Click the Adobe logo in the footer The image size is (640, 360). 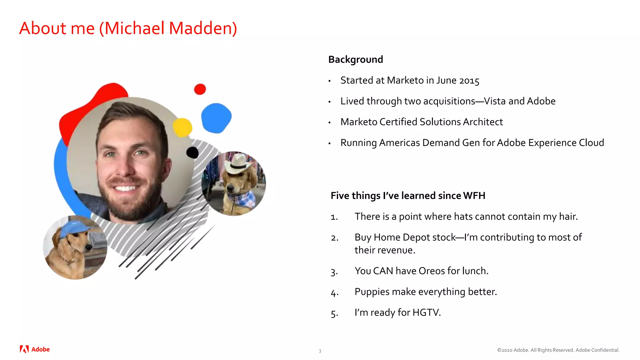35,349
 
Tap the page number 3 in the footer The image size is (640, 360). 320,351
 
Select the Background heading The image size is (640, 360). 355,59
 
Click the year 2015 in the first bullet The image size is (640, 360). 469,81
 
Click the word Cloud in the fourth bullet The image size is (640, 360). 591,143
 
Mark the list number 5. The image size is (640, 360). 334,313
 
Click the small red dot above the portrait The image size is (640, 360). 200,89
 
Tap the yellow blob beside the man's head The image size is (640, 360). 182,127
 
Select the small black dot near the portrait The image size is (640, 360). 192,152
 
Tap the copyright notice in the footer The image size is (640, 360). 558,350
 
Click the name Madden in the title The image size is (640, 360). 203,28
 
